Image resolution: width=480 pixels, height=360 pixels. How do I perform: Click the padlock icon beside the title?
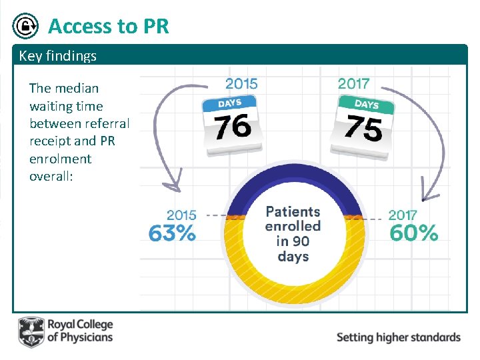(x=26, y=27)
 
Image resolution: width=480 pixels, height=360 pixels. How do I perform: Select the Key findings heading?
(x=57, y=56)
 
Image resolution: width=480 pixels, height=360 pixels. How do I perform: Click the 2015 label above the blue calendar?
(x=242, y=83)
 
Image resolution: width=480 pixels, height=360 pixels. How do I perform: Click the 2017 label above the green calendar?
(x=353, y=83)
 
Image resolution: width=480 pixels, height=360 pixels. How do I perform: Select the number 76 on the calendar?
(x=233, y=126)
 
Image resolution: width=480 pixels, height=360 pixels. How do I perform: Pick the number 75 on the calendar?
(x=363, y=127)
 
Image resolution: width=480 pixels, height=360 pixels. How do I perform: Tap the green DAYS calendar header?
(x=366, y=105)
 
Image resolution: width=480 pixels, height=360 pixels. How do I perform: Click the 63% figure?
(x=172, y=233)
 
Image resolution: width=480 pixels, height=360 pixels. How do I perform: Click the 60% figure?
(x=413, y=233)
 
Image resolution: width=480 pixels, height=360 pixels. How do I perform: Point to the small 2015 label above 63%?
(x=181, y=215)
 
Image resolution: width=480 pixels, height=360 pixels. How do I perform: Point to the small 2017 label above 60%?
(x=402, y=215)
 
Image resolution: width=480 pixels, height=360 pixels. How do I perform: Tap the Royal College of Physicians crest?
(x=31, y=332)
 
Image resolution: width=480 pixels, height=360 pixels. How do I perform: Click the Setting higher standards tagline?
(x=398, y=337)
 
